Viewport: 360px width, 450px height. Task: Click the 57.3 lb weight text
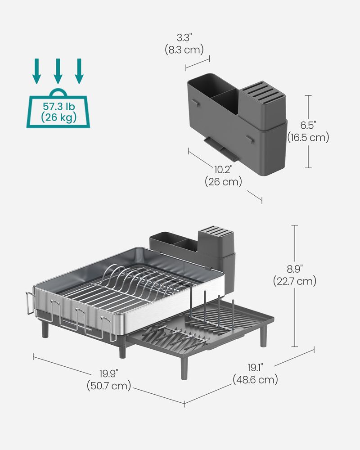(x=58, y=107)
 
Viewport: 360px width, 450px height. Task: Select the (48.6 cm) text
(x=255, y=380)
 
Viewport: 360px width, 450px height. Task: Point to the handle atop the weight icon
(x=58, y=93)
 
